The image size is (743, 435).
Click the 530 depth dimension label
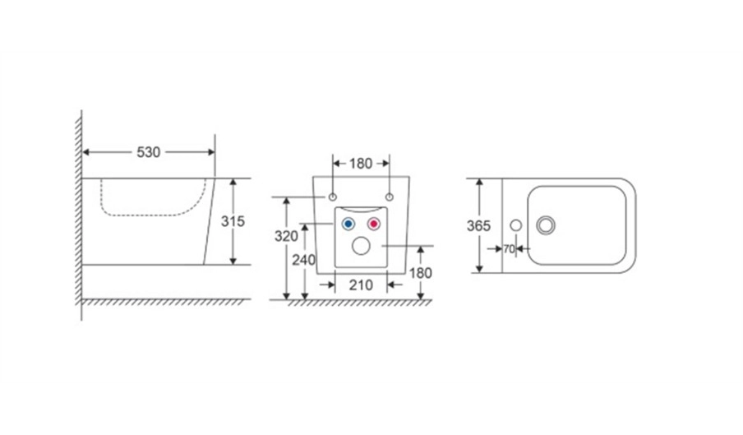148,152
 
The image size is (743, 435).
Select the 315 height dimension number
233,221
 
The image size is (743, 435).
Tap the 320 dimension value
286,236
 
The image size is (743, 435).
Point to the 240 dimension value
304,260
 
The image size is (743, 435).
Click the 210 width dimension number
361,285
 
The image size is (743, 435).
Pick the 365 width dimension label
478,226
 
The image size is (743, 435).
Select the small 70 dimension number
509,249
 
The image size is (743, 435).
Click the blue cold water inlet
348,224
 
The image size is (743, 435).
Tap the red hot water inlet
374,224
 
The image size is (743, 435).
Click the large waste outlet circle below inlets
361,245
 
